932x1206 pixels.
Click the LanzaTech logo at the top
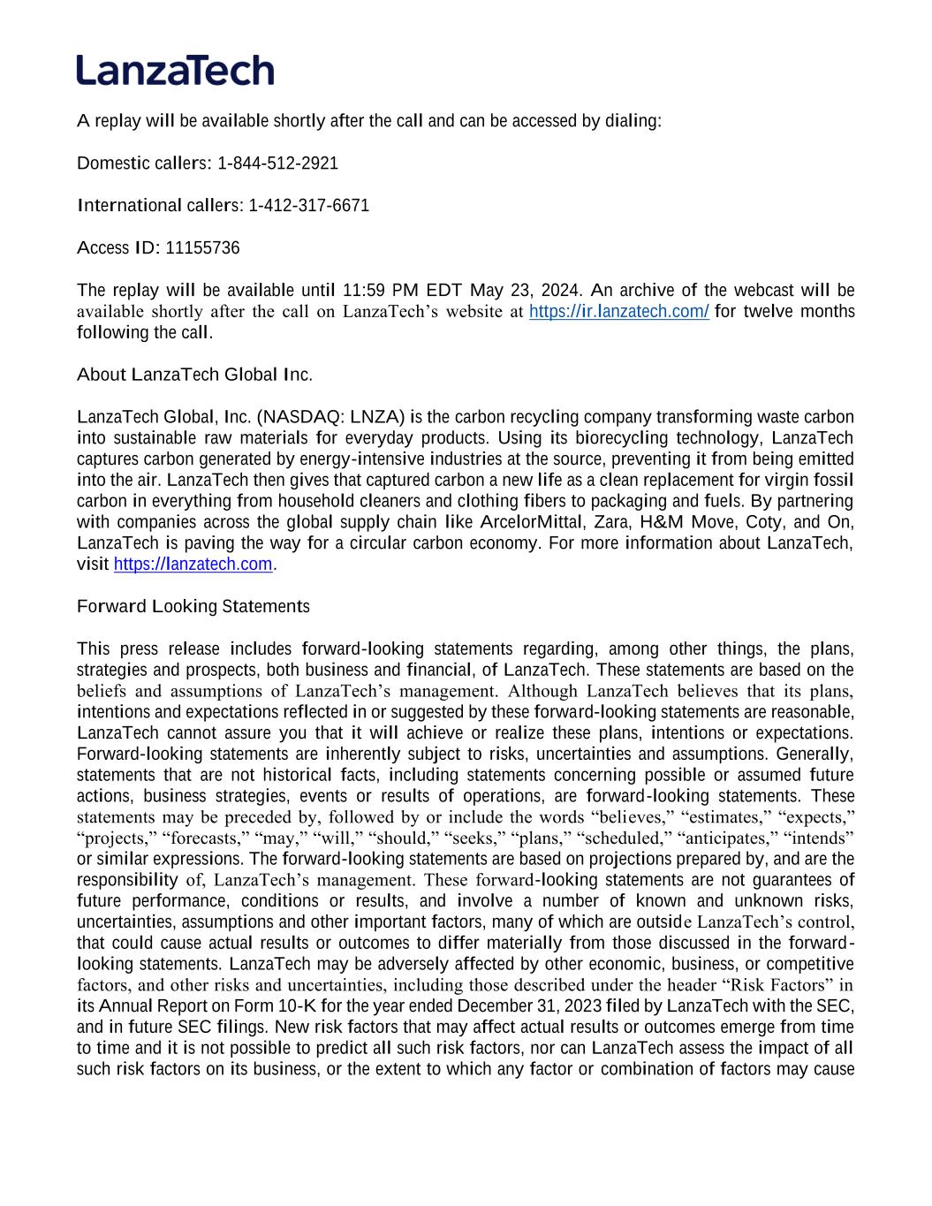[x=175, y=70]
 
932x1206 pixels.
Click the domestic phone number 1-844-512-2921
[x=277, y=163]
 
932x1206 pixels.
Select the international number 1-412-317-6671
[x=308, y=206]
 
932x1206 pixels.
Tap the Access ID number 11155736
[x=202, y=248]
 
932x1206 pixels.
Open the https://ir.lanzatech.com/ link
[x=618, y=312]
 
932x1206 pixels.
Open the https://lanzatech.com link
[x=193, y=565]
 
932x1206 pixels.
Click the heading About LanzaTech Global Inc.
[x=194, y=375]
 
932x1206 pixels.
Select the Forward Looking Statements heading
[x=193, y=607]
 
